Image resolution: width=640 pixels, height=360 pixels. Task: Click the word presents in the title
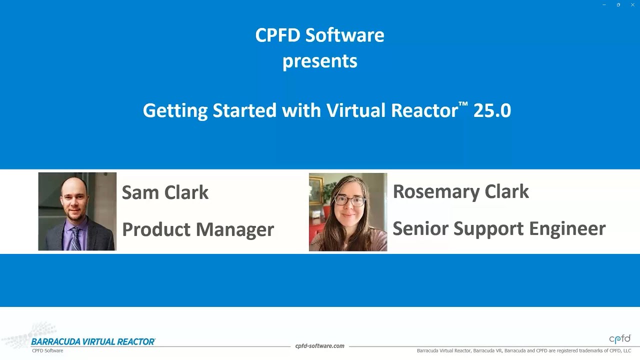click(x=319, y=61)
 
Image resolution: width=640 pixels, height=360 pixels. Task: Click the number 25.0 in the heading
click(x=492, y=110)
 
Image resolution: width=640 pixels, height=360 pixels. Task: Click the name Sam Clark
click(x=165, y=192)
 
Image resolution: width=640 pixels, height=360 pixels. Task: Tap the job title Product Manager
click(x=198, y=229)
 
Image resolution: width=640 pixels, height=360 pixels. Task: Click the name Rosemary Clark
click(x=460, y=191)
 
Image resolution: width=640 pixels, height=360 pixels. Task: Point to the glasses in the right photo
click(x=349, y=201)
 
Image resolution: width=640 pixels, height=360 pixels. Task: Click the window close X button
click(x=632, y=5)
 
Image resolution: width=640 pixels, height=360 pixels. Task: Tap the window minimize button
click(x=604, y=5)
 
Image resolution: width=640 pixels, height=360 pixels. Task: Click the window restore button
click(x=618, y=5)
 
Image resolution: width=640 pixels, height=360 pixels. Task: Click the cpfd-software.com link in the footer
click(x=319, y=346)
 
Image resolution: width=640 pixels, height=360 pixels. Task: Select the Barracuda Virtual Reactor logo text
click(x=93, y=342)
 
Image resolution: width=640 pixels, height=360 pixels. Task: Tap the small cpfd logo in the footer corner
click(x=619, y=339)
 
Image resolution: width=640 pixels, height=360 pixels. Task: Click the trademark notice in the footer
click(x=523, y=351)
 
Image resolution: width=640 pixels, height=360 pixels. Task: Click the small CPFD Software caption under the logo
click(x=47, y=351)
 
